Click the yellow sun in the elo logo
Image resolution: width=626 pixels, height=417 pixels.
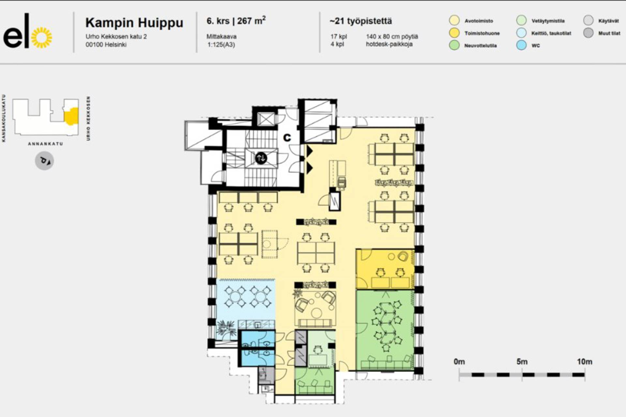tap(42, 37)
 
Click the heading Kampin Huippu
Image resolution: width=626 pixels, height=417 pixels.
tap(134, 23)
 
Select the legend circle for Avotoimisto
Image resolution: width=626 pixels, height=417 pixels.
tap(454, 21)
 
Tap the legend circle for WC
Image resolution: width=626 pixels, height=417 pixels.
tap(522, 45)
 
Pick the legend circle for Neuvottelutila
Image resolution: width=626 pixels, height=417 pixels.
tap(454, 45)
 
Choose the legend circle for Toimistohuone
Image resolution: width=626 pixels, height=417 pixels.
tap(454, 33)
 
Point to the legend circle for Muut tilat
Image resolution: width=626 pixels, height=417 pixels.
tap(589, 33)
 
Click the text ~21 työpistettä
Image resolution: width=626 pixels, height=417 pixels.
tap(361, 21)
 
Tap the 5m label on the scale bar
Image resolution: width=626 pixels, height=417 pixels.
tap(522, 362)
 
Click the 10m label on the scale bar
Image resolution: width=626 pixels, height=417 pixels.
tap(585, 362)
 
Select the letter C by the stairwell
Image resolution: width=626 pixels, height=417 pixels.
tap(287, 138)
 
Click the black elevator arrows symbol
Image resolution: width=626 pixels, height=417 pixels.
tap(261, 158)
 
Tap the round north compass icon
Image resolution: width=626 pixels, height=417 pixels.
tap(44, 161)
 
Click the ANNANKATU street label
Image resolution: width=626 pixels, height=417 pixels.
tap(45, 144)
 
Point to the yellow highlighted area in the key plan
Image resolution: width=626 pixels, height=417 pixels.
tap(71, 116)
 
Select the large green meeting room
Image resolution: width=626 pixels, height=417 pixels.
tap(385, 330)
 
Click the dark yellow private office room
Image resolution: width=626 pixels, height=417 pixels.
tap(385, 269)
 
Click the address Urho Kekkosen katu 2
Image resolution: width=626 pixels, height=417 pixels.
tap(116, 36)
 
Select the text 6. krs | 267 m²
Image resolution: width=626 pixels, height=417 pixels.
tap(236, 21)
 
